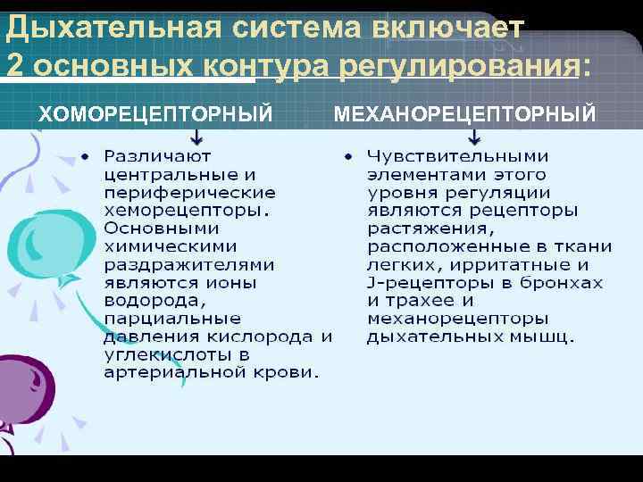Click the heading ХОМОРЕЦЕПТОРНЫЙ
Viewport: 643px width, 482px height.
(x=156, y=113)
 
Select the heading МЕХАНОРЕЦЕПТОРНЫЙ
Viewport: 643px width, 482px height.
(x=464, y=113)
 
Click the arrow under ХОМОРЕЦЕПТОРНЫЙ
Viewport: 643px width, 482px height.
(x=196, y=136)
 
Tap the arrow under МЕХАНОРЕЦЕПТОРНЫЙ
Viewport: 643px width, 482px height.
(x=474, y=136)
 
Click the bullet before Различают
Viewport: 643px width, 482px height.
(x=85, y=156)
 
